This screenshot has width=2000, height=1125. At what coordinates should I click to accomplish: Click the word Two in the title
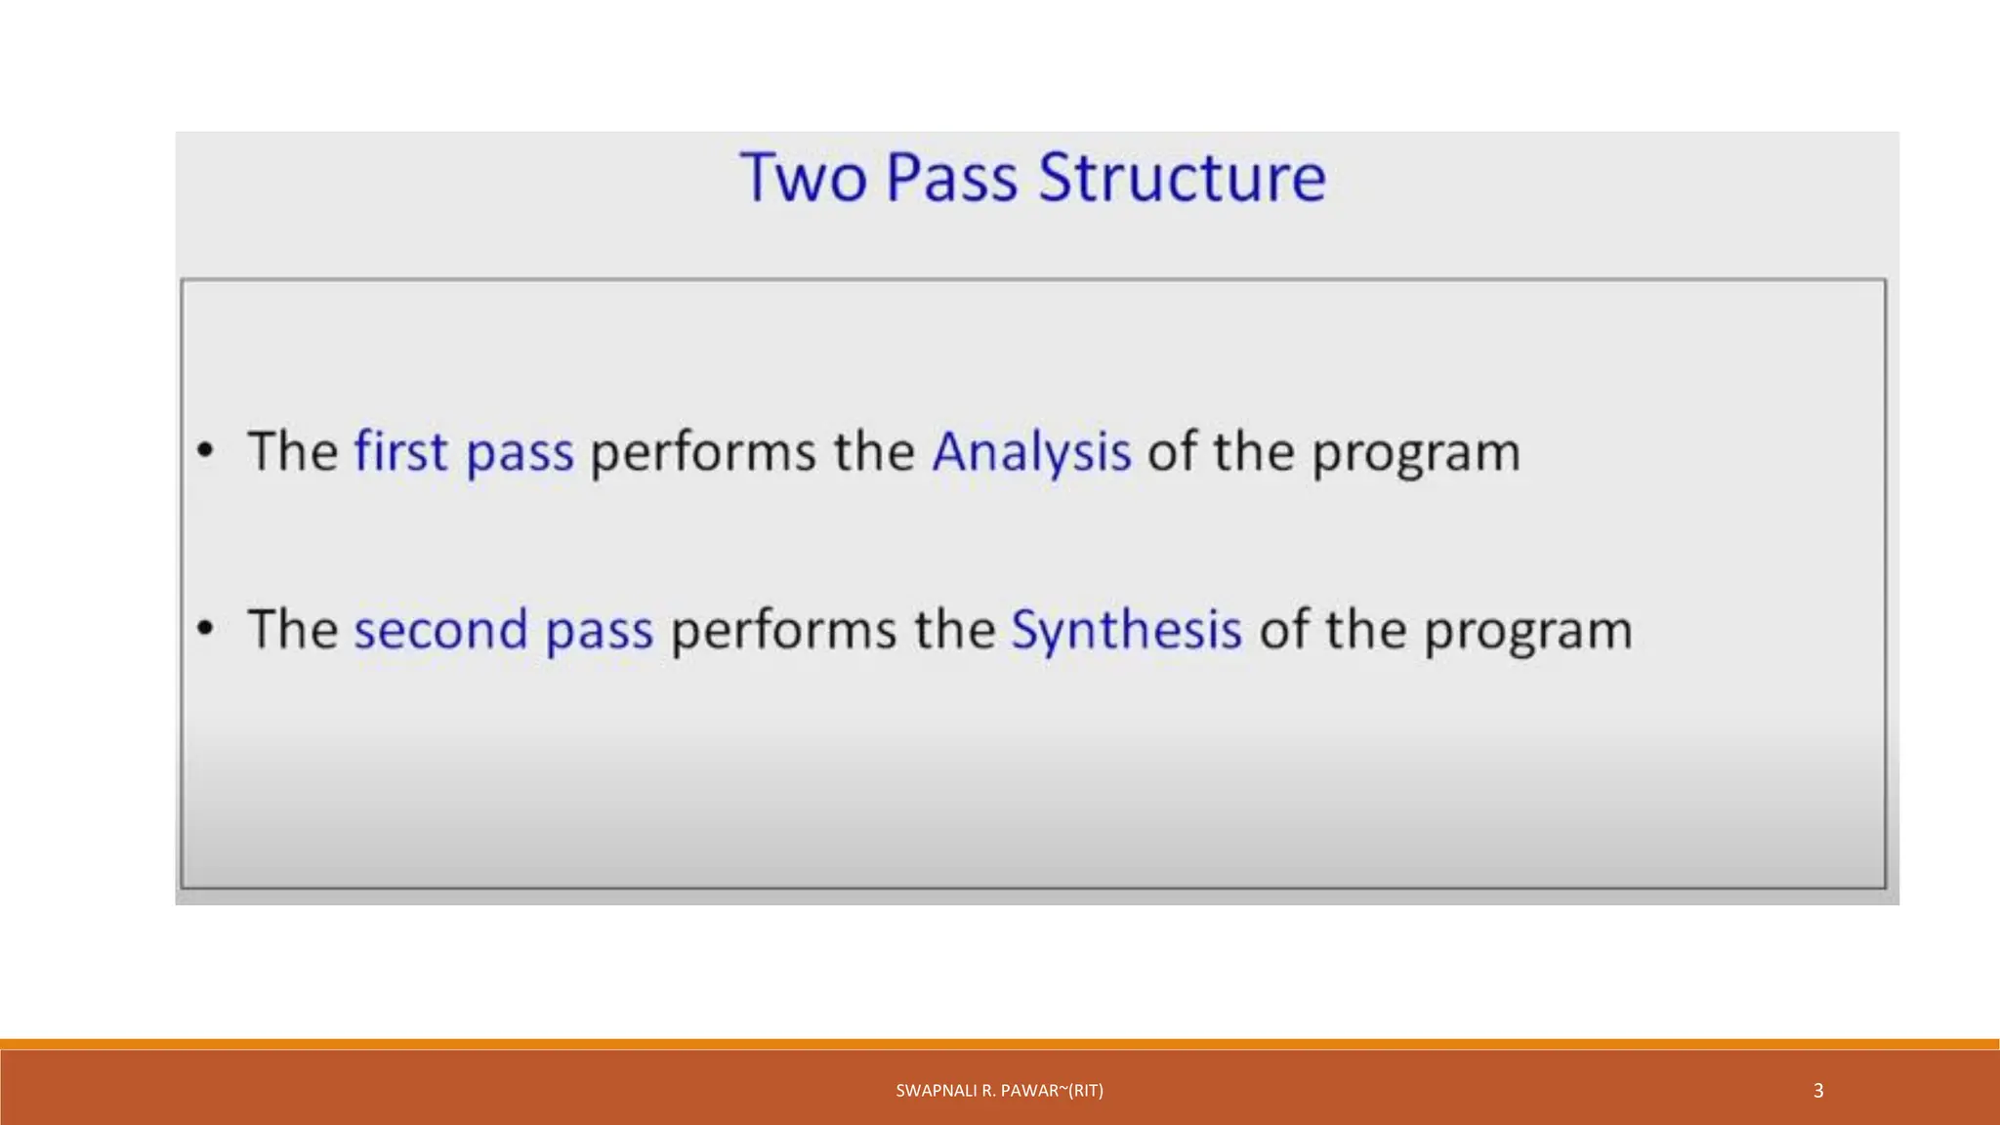coord(803,178)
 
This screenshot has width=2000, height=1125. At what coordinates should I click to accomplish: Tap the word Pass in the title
coord(951,178)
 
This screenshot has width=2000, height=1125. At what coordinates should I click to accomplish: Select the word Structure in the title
coord(1182,178)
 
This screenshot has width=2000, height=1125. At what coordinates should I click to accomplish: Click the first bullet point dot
coord(205,451)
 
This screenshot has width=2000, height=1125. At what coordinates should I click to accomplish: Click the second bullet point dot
coord(205,629)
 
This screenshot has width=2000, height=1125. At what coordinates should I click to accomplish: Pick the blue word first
coord(400,451)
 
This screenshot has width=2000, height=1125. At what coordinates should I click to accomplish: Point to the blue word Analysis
coord(1031,453)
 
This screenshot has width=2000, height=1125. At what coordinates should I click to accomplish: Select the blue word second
coord(440,630)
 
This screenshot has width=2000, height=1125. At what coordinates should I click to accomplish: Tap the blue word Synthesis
coord(1126,631)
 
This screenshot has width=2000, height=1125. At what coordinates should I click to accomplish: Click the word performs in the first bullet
coord(703,453)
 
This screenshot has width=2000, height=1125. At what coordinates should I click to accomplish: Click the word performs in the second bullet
coord(783,631)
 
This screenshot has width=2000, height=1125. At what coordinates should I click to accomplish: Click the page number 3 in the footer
coord(1817,1091)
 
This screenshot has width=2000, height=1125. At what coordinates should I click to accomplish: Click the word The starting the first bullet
coord(292,451)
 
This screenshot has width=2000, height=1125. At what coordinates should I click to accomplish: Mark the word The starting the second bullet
coord(292,629)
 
